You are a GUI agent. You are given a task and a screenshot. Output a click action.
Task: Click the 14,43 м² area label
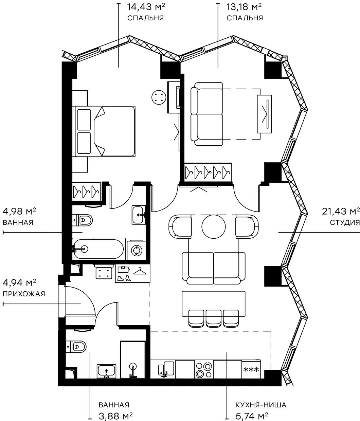[146, 7]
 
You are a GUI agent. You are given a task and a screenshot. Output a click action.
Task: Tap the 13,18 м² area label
[244, 7]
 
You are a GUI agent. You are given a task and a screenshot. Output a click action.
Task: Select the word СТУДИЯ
[345, 223]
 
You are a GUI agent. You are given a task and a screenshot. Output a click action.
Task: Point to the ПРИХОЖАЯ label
[24, 294]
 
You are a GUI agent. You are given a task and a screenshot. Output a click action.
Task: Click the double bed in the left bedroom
[104, 131]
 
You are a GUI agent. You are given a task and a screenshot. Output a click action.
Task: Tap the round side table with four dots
[159, 97]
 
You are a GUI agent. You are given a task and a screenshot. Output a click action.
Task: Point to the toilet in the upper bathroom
[83, 220]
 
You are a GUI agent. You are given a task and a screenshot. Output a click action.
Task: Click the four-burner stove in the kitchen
[204, 369]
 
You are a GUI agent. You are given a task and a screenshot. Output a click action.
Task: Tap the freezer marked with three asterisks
[251, 369]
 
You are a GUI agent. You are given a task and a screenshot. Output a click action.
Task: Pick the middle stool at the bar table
[214, 318]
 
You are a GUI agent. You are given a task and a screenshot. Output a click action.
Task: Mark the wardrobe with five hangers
[208, 172]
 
